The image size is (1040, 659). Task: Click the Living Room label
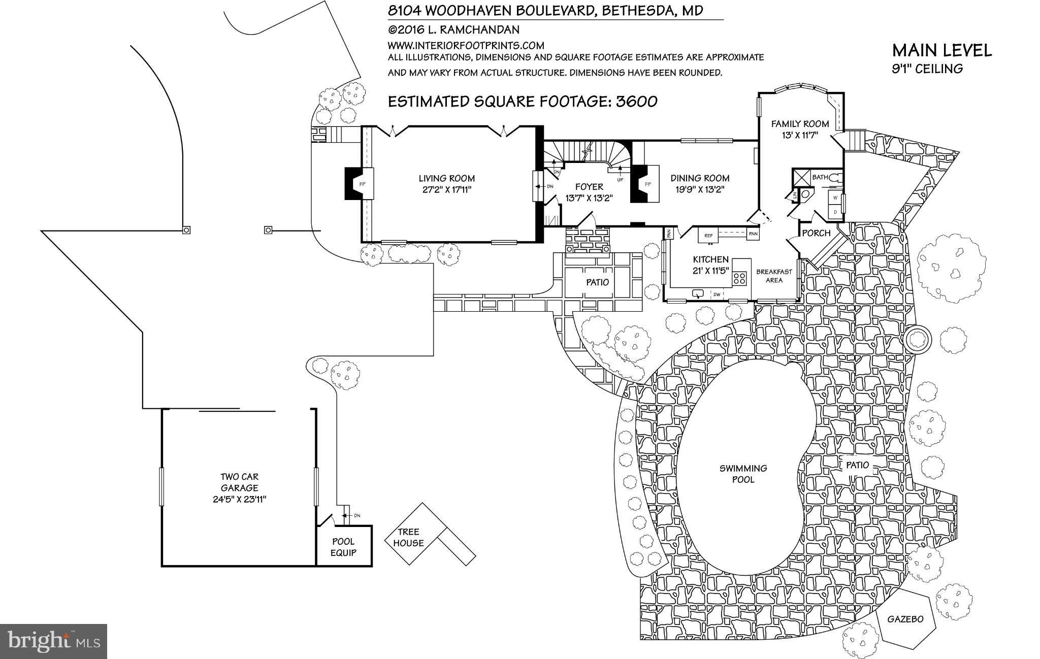click(446, 178)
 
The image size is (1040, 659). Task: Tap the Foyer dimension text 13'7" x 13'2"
click(589, 198)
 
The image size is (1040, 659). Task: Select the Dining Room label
click(700, 178)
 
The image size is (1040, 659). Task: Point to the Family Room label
click(800, 123)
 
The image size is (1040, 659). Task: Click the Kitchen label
click(710, 259)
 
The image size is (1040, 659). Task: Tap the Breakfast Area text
click(774, 276)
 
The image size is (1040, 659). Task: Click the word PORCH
click(816, 233)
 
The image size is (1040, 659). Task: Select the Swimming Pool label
click(743, 474)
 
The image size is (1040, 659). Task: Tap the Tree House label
click(408, 537)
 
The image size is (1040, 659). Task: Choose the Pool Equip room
click(344, 547)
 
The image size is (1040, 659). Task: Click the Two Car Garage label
click(239, 487)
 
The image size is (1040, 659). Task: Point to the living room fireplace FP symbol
click(362, 184)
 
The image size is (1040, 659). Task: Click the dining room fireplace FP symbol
click(647, 184)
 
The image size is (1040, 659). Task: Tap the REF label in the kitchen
click(708, 235)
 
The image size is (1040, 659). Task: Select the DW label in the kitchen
click(717, 294)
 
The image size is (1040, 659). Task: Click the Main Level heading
click(941, 51)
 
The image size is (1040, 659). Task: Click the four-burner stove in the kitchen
click(739, 278)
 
